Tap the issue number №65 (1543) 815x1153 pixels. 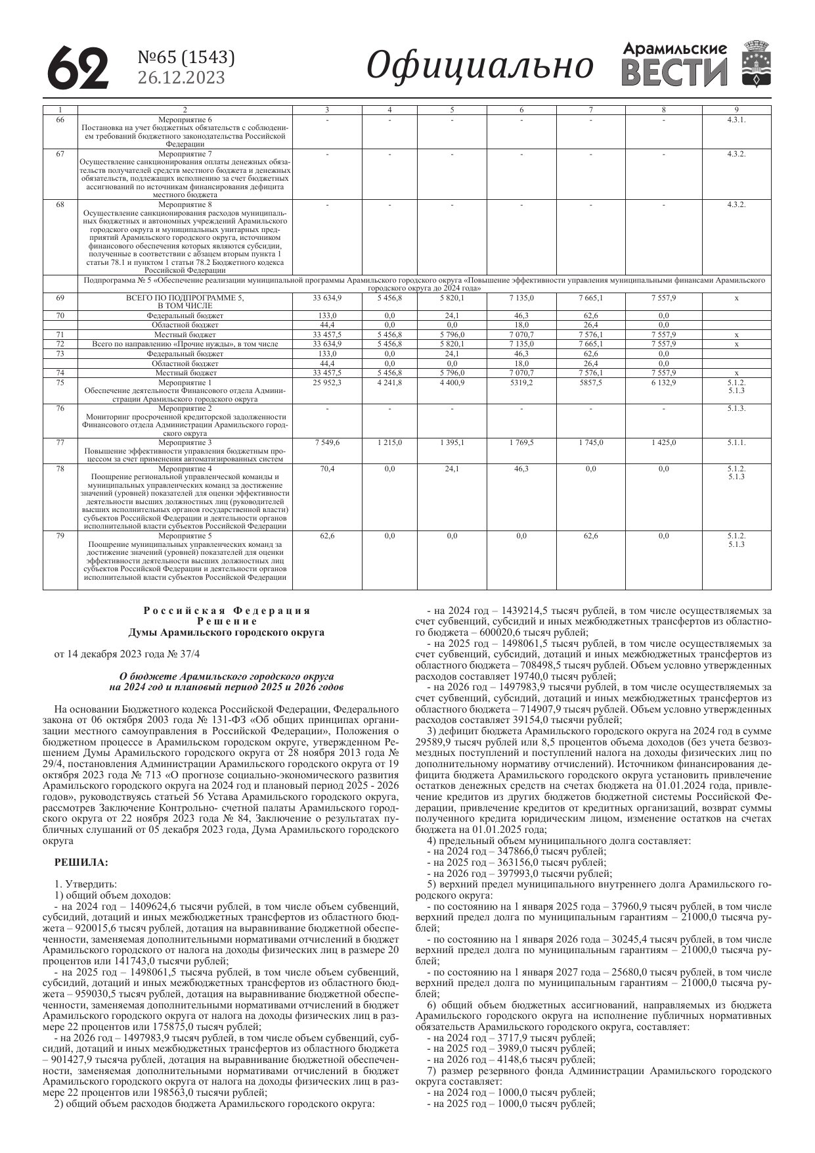coord(186,58)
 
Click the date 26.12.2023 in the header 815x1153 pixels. coord(181,78)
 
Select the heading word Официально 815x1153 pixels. coord(479,66)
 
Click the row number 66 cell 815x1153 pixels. coord(60,120)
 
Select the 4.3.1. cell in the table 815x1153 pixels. coord(736,120)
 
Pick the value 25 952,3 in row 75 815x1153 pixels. coord(327,383)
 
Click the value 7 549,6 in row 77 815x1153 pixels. coord(327,442)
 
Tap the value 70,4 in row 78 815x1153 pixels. coord(327,469)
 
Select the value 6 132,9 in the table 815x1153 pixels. coord(663,383)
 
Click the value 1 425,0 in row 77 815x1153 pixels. coord(663,442)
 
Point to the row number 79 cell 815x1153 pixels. coord(60,536)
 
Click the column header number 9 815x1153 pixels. coord(736,109)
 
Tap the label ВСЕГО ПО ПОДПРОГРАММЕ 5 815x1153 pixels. coord(185,298)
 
